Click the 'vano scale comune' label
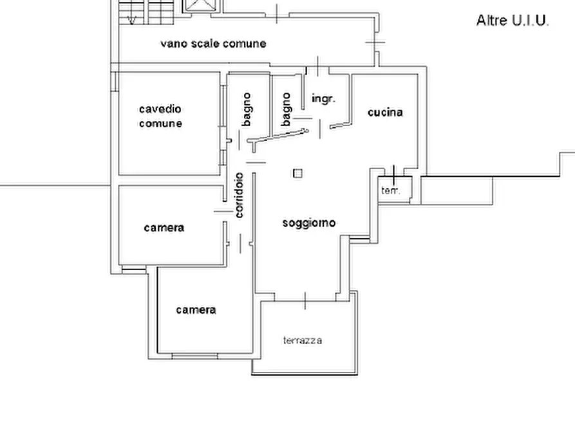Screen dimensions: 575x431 [213, 44]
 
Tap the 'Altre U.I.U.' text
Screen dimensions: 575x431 [513, 21]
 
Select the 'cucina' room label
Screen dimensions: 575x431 [385, 112]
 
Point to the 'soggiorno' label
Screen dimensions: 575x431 [309, 223]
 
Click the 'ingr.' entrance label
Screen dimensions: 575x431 [323, 99]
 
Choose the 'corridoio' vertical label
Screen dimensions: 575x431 [239, 195]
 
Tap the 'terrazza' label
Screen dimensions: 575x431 [303, 340]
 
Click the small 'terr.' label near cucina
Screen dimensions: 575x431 [391, 190]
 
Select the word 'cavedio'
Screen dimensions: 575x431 [160, 109]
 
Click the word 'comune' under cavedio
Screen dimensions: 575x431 [160, 124]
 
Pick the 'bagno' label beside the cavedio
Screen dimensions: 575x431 [247, 109]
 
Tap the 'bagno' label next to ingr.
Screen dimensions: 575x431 [286, 109]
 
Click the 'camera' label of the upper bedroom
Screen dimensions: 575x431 [164, 228]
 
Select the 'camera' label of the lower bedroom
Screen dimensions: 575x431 [196, 310]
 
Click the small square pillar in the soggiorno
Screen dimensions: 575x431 [297, 173]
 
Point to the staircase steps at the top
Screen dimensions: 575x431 [147, 12]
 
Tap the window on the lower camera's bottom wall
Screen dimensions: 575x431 [194, 356]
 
